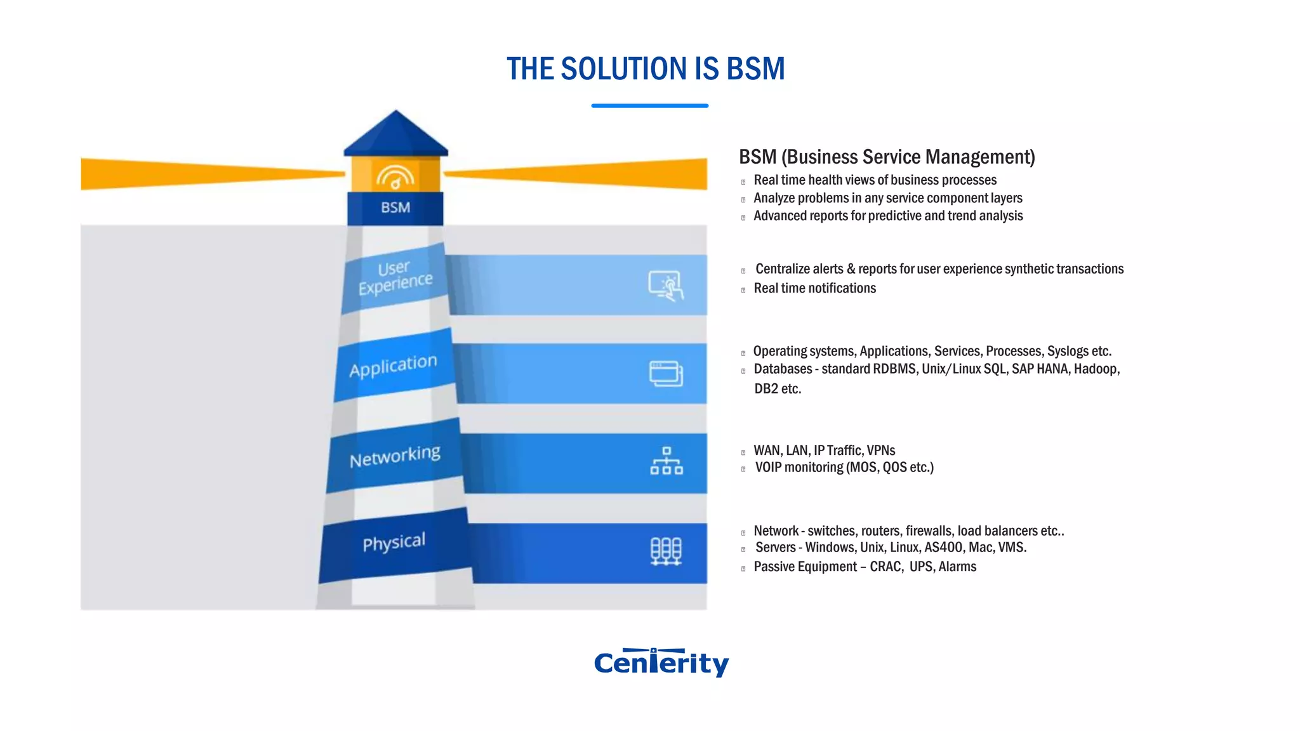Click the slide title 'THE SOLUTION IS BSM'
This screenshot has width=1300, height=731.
pos(646,69)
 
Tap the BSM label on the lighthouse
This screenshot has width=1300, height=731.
pos(395,207)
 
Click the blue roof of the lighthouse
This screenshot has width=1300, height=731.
pos(395,135)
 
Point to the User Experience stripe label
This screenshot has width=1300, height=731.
pos(395,278)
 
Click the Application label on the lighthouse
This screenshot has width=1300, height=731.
pos(393,365)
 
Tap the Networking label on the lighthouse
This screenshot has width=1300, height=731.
pos(395,456)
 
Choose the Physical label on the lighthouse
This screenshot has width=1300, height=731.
pos(394,543)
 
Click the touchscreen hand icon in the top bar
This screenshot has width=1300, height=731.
pos(666,286)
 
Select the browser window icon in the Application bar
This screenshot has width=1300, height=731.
pos(666,374)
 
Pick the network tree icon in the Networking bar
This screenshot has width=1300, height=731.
pos(666,461)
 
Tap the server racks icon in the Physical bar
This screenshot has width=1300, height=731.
pos(666,551)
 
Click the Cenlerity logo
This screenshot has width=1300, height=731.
pos(661,662)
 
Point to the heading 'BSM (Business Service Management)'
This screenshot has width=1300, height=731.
pos(887,157)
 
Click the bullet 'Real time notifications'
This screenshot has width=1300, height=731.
pos(814,288)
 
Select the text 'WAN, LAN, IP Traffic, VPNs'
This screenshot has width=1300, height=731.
pos(824,451)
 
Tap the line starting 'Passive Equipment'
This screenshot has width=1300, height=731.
pos(865,567)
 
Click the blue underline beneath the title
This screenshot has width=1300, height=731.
pos(649,106)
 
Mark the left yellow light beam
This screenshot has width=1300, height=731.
pos(209,173)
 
